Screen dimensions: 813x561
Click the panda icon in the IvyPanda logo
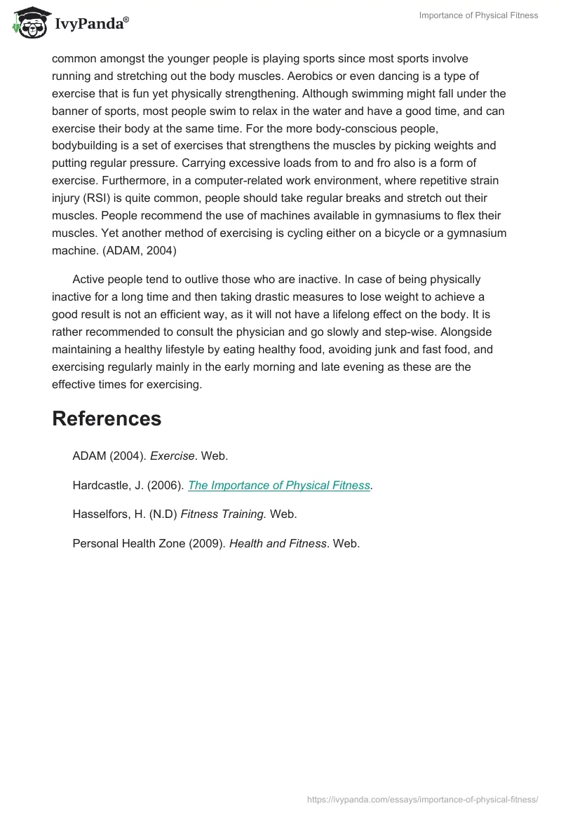[x=27, y=22]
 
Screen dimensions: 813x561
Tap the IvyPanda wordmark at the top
[x=91, y=25]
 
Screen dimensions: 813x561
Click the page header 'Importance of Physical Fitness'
[x=478, y=15]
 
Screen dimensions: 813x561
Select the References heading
[x=107, y=418]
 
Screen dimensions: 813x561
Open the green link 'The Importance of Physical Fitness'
[x=279, y=485]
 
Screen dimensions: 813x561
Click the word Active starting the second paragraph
[x=90, y=280]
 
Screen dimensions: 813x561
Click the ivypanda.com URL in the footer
[x=423, y=799]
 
